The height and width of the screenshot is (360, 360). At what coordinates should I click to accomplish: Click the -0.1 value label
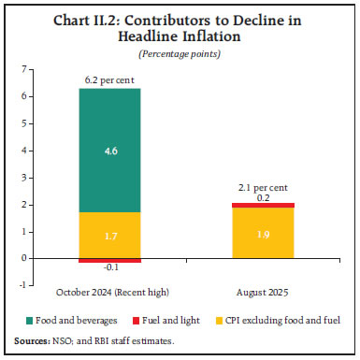108,269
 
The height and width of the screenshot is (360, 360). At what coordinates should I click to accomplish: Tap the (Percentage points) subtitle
180,54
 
